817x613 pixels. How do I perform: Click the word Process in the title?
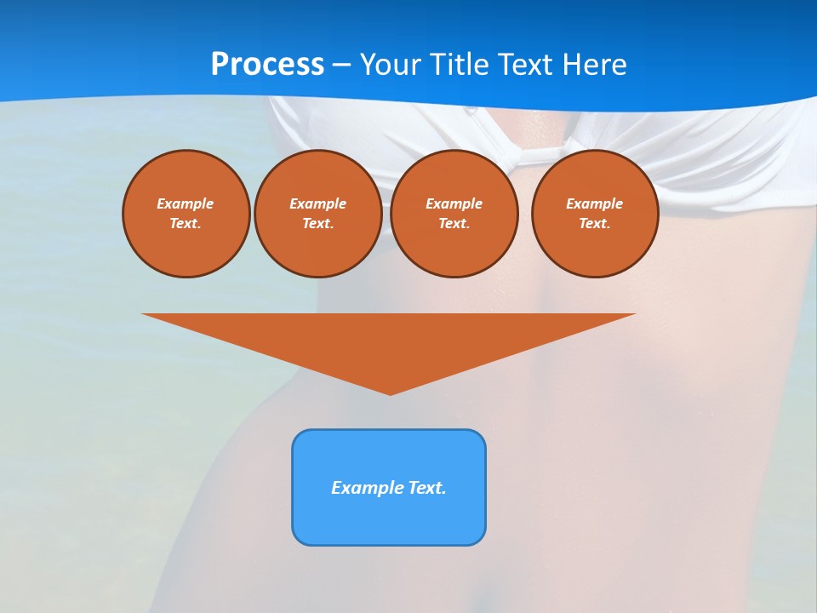pos(267,65)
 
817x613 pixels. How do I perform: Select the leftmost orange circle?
pos(186,213)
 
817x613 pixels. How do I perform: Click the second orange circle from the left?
pos(317,213)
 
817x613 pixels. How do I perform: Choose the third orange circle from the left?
pos(454,213)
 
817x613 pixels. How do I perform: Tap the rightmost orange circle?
pos(594,213)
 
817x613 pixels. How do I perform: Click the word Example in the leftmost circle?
pos(186,203)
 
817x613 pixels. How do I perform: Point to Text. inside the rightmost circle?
pos(594,223)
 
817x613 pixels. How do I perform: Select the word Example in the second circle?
pos(317,203)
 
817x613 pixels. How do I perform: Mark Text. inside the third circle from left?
pos(454,223)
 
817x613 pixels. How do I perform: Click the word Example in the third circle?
pos(454,203)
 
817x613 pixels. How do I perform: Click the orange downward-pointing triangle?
pos(389,341)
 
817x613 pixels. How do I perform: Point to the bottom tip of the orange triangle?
pos(390,392)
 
